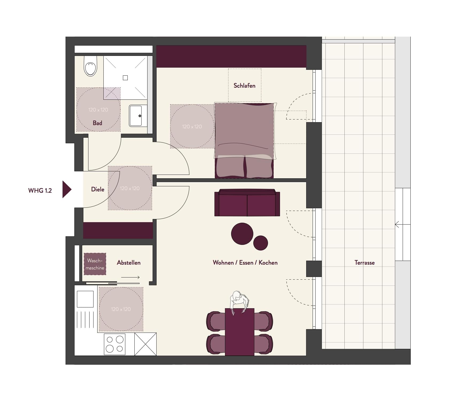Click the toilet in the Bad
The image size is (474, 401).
click(90, 66)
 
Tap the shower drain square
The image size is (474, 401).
click(125, 78)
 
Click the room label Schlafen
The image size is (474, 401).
click(244, 86)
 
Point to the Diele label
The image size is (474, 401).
click(98, 189)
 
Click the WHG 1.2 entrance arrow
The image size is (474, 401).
click(67, 189)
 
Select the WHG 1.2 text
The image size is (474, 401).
click(40, 191)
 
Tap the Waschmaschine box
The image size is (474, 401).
click(95, 264)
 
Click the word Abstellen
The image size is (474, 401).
click(129, 263)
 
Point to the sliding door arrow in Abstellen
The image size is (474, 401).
click(130, 277)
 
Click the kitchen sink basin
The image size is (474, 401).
click(85, 299)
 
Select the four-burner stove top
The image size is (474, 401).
click(115, 344)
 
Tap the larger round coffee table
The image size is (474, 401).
click(242, 234)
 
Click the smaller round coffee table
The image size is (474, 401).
click(261, 243)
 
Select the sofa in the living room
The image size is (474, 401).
click(247, 203)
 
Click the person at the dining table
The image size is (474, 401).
click(239, 302)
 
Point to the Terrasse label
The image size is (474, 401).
click(364, 263)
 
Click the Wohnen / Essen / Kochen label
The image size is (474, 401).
click(245, 263)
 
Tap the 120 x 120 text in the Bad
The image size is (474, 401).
click(98, 110)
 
